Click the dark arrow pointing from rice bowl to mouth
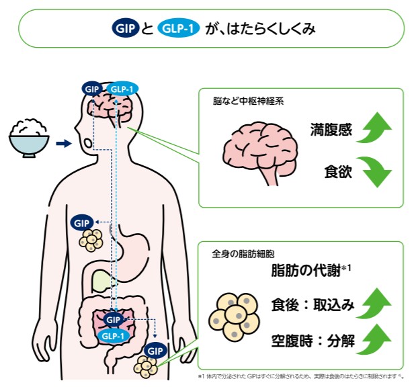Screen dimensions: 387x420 62,143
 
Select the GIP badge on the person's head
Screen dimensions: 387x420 91,88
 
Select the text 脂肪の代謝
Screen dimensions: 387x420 306,271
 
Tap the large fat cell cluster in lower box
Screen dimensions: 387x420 235,315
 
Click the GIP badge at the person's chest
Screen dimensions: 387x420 82,222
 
